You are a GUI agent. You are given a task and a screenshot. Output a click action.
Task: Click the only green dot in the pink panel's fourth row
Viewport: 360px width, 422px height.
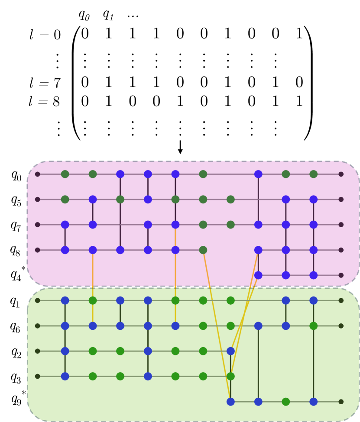coord(203,250)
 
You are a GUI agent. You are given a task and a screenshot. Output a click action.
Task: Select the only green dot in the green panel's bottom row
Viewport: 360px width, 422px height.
coord(285,402)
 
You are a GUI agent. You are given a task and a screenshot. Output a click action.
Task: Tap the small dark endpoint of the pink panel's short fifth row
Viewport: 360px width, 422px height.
coord(341,275)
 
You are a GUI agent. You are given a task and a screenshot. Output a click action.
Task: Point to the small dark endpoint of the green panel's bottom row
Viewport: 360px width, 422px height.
coord(341,402)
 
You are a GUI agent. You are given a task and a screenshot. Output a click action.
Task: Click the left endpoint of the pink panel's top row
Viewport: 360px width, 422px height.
coord(37,174)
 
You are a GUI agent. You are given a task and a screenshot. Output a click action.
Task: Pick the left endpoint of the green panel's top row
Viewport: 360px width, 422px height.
coord(37,300)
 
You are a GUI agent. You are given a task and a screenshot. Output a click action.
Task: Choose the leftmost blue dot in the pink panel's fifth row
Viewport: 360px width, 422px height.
coord(258,275)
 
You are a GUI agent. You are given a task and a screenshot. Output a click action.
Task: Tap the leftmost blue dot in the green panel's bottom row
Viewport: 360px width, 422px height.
coord(230,402)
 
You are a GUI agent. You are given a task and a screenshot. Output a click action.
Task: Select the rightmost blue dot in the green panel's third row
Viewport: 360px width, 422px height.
coord(230,351)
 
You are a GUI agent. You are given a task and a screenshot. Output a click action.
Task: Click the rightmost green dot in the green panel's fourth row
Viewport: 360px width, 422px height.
coord(230,376)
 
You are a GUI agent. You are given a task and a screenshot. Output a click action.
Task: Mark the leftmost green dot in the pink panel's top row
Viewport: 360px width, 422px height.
coord(65,174)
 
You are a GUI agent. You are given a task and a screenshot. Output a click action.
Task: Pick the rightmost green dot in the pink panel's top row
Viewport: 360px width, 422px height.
coord(313,174)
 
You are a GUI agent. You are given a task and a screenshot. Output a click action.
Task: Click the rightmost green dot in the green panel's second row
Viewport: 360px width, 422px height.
coord(313,326)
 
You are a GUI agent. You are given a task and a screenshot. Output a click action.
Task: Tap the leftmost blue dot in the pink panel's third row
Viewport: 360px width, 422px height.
coord(65,225)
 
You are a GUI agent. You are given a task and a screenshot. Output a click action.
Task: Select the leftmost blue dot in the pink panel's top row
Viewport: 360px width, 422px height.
coord(120,174)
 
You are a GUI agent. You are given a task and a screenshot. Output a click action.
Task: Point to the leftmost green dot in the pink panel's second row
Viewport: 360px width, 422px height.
coord(65,200)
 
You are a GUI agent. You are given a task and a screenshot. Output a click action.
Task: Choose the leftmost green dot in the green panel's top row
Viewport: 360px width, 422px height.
coord(92,300)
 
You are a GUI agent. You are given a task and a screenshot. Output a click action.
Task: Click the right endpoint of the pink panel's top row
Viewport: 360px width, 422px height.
coord(341,174)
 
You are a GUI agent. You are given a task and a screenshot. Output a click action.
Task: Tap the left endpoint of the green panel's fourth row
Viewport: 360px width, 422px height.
coord(37,376)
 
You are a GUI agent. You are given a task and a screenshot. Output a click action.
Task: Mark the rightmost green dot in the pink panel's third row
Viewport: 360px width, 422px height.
coord(230,225)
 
